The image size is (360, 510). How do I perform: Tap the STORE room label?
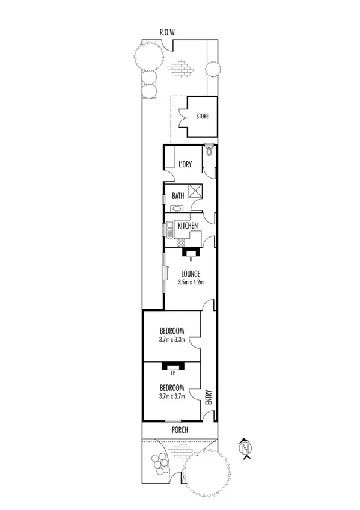[x=202, y=116]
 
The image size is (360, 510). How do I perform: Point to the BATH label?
[x=178, y=195]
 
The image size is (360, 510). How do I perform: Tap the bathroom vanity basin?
[x=177, y=208]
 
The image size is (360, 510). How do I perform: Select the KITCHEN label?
[x=188, y=226]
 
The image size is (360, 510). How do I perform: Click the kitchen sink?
[x=170, y=227]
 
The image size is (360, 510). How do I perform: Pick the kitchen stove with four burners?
[x=180, y=242]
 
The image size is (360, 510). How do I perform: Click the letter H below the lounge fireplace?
[x=191, y=260]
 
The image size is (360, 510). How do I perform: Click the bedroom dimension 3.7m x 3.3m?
[x=171, y=340]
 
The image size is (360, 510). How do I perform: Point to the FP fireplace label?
[x=172, y=373]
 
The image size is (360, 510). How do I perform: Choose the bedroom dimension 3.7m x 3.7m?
[x=171, y=396]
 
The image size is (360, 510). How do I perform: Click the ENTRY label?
[x=209, y=399]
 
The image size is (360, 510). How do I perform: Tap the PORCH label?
[x=179, y=430]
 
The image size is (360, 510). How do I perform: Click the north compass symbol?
[x=245, y=447]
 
